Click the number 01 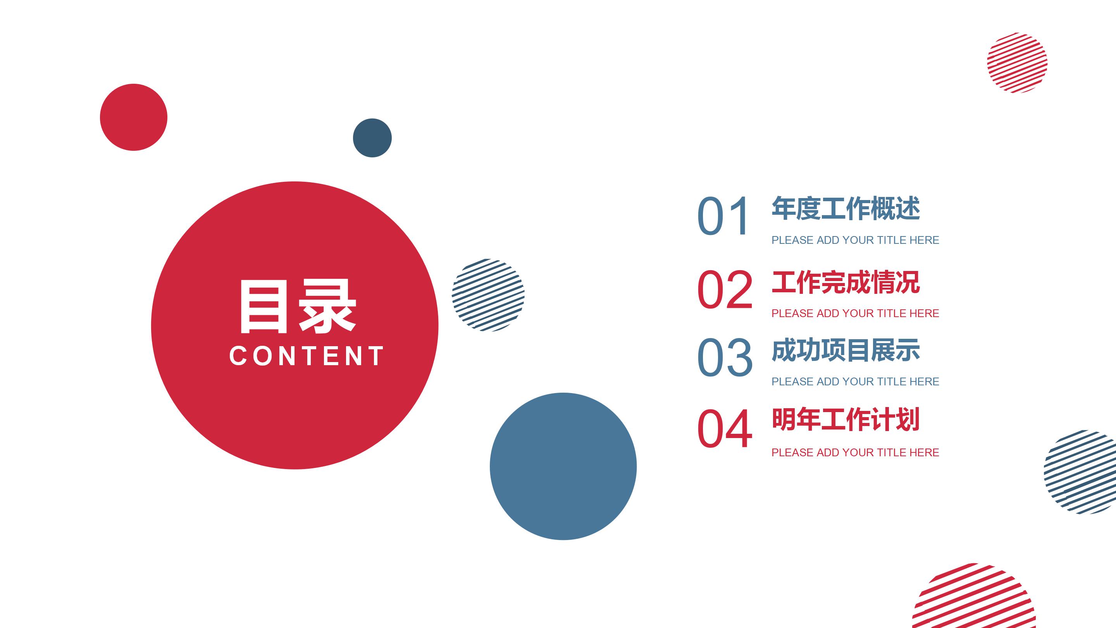pyautogui.click(x=723, y=216)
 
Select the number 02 pyautogui.click(x=725, y=289)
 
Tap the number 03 pyautogui.click(x=725, y=357)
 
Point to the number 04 pyautogui.click(x=725, y=428)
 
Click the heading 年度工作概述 pyautogui.click(x=846, y=209)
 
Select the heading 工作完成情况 pyautogui.click(x=846, y=282)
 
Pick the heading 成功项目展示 pyautogui.click(x=846, y=350)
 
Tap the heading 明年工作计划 pyautogui.click(x=846, y=419)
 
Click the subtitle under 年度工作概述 pyautogui.click(x=855, y=240)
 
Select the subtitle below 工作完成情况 pyautogui.click(x=855, y=313)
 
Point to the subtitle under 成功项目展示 pyautogui.click(x=855, y=381)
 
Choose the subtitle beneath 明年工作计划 pyautogui.click(x=855, y=452)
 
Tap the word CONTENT pyautogui.click(x=306, y=356)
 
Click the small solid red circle pyautogui.click(x=133, y=117)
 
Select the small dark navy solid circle pyautogui.click(x=372, y=138)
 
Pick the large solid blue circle pyautogui.click(x=563, y=466)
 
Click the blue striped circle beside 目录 pyautogui.click(x=488, y=295)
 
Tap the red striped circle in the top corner pyautogui.click(x=1017, y=63)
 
